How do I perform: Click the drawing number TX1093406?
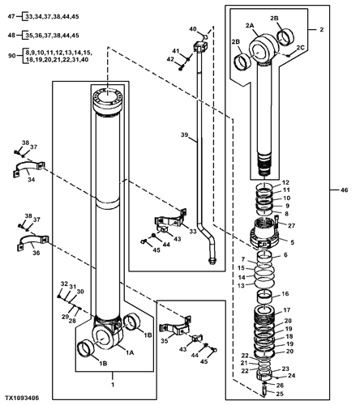(x=23, y=398)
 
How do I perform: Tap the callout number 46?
(x=344, y=190)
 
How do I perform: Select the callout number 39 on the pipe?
(x=184, y=134)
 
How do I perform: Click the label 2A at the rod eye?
(x=250, y=26)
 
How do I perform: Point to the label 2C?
(x=300, y=48)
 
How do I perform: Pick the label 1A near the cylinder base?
(x=130, y=352)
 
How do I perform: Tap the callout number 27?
(x=291, y=225)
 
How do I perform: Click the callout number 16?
(x=285, y=293)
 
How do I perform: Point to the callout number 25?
(x=280, y=394)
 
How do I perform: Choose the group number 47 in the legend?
(x=11, y=16)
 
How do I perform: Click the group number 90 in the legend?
(x=12, y=56)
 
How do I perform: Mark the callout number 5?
(x=292, y=242)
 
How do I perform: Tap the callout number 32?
(x=64, y=283)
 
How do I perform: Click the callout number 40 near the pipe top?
(x=192, y=29)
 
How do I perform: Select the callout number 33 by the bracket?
(x=193, y=232)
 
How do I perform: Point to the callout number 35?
(x=165, y=341)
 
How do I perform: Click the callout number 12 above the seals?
(x=285, y=182)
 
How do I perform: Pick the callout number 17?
(x=286, y=310)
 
